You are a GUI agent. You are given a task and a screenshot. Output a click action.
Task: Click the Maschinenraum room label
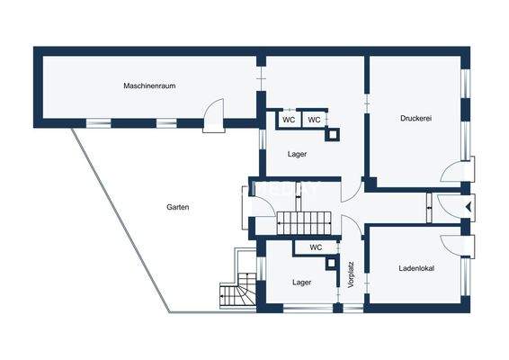click(148, 86)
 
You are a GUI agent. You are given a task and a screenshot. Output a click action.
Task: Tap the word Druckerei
click(416, 118)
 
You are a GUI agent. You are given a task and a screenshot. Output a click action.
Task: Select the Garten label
click(177, 207)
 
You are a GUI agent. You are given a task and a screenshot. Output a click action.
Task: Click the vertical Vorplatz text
click(352, 274)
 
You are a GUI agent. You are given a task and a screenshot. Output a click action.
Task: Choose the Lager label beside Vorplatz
click(301, 282)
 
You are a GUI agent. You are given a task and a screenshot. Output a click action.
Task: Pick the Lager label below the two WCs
click(298, 154)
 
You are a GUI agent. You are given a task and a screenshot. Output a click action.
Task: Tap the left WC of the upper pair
click(289, 119)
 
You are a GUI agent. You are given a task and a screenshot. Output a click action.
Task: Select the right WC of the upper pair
click(314, 119)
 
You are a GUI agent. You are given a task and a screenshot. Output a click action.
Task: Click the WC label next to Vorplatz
click(316, 247)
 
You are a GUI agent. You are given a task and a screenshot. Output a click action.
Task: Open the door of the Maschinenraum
click(213, 116)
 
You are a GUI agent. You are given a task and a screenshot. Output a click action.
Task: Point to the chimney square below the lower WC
click(334, 265)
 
